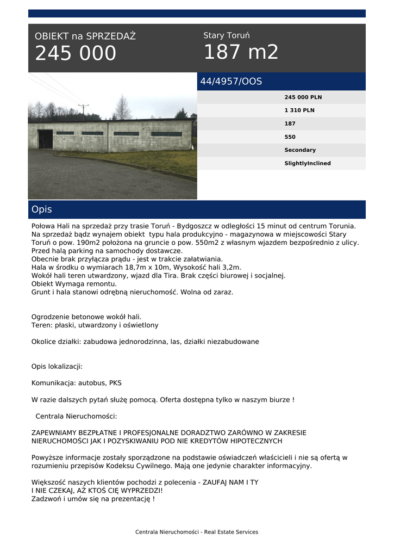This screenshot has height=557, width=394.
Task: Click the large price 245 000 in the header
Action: [x=76, y=53]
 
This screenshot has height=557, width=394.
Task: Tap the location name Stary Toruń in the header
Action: [x=226, y=35]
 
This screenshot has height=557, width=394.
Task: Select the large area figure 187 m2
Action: [x=241, y=52]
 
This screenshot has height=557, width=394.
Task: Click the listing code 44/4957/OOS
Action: [x=231, y=82]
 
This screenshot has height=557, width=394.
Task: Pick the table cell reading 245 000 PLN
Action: [x=303, y=97]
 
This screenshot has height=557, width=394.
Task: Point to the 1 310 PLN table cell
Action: [x=299, y=110]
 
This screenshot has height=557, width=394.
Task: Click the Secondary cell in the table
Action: [x=299, y=150]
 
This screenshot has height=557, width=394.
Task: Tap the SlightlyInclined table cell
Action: [x=307, y=163]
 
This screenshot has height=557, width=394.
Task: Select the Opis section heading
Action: [x=42, y=209]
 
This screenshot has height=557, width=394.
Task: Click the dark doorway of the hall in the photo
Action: [x=46, y=139]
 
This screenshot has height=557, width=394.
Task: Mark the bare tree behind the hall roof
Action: [x=122, y=108]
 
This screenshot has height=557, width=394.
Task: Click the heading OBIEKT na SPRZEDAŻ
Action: [x=85, y=36]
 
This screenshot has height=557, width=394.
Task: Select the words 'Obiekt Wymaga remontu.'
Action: [x=74, y=284]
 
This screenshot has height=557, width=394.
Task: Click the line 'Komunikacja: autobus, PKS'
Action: [x=77, y=383]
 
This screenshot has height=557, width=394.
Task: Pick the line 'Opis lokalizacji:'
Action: [x=57, y=367]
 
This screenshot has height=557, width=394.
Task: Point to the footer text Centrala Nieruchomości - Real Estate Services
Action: [x=197, y=532]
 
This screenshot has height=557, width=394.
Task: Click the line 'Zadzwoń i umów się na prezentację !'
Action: [x=93, y=499]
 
